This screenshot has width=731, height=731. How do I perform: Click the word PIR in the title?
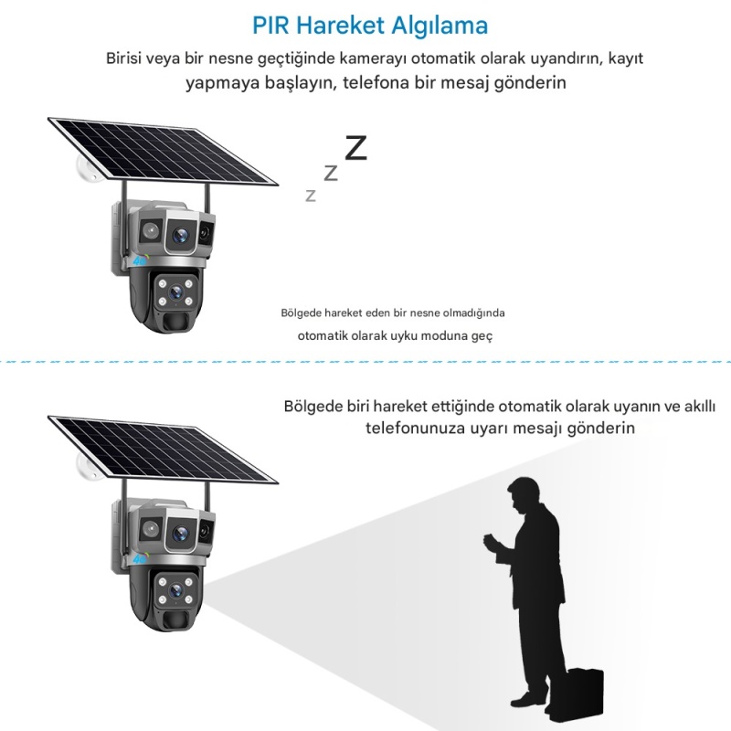pos(270,26)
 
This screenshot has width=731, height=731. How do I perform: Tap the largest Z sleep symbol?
pos(355,148)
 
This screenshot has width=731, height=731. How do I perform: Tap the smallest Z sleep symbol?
pos(311,196)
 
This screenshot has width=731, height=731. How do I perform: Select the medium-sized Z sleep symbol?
pos(331,173)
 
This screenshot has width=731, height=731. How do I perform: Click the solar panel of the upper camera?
pos(164,151)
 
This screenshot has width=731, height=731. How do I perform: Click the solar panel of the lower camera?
pos(164,449)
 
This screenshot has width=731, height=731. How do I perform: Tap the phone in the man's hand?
pos(491,541)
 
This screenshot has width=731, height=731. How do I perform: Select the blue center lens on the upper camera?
pos(180,236)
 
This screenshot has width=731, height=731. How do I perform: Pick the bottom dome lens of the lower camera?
pos(175,591)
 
